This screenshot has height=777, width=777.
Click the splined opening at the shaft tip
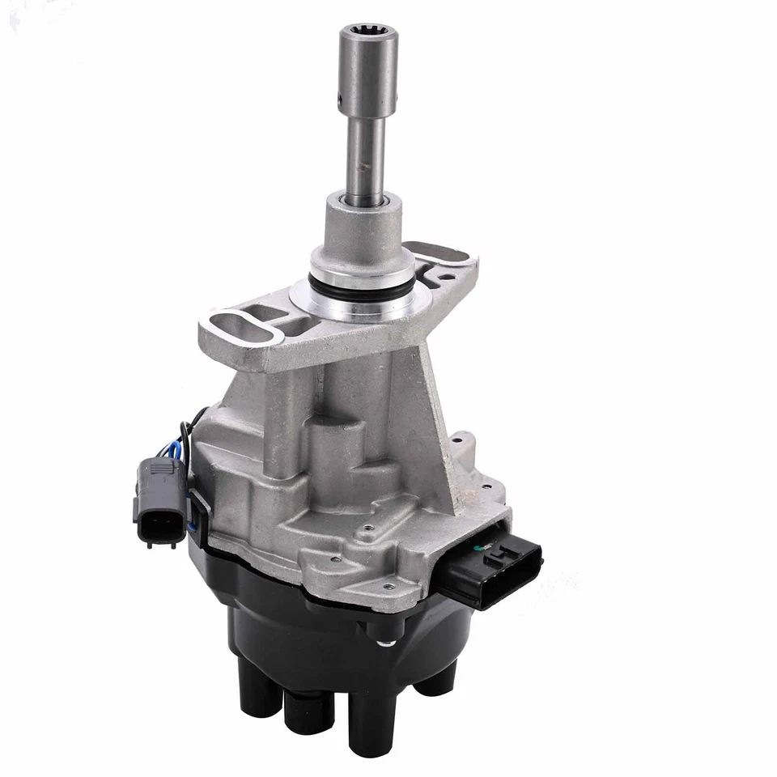click(x=367, y=32)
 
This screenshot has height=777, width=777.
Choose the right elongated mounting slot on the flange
click(x=438, y=253)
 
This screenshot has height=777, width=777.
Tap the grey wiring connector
click(x=159, y=503)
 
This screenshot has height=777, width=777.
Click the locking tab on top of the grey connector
click(x=162, y=467)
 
